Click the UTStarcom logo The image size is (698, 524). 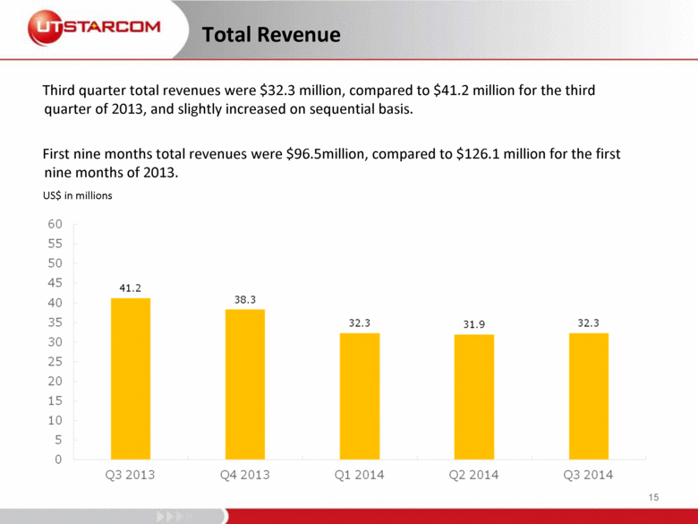click(x=93, y=28)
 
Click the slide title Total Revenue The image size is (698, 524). click(x=271, y=35)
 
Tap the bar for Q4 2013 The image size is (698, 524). click(x=244, y=384)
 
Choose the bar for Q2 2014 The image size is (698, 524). click(x=473, y=397)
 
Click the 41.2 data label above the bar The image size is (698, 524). click(x=131, y=288)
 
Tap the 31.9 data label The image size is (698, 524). click(x=474, y=324)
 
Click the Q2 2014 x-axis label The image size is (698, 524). click(x=474, y=475)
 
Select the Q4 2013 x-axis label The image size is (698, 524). click(x=244, y=475)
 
